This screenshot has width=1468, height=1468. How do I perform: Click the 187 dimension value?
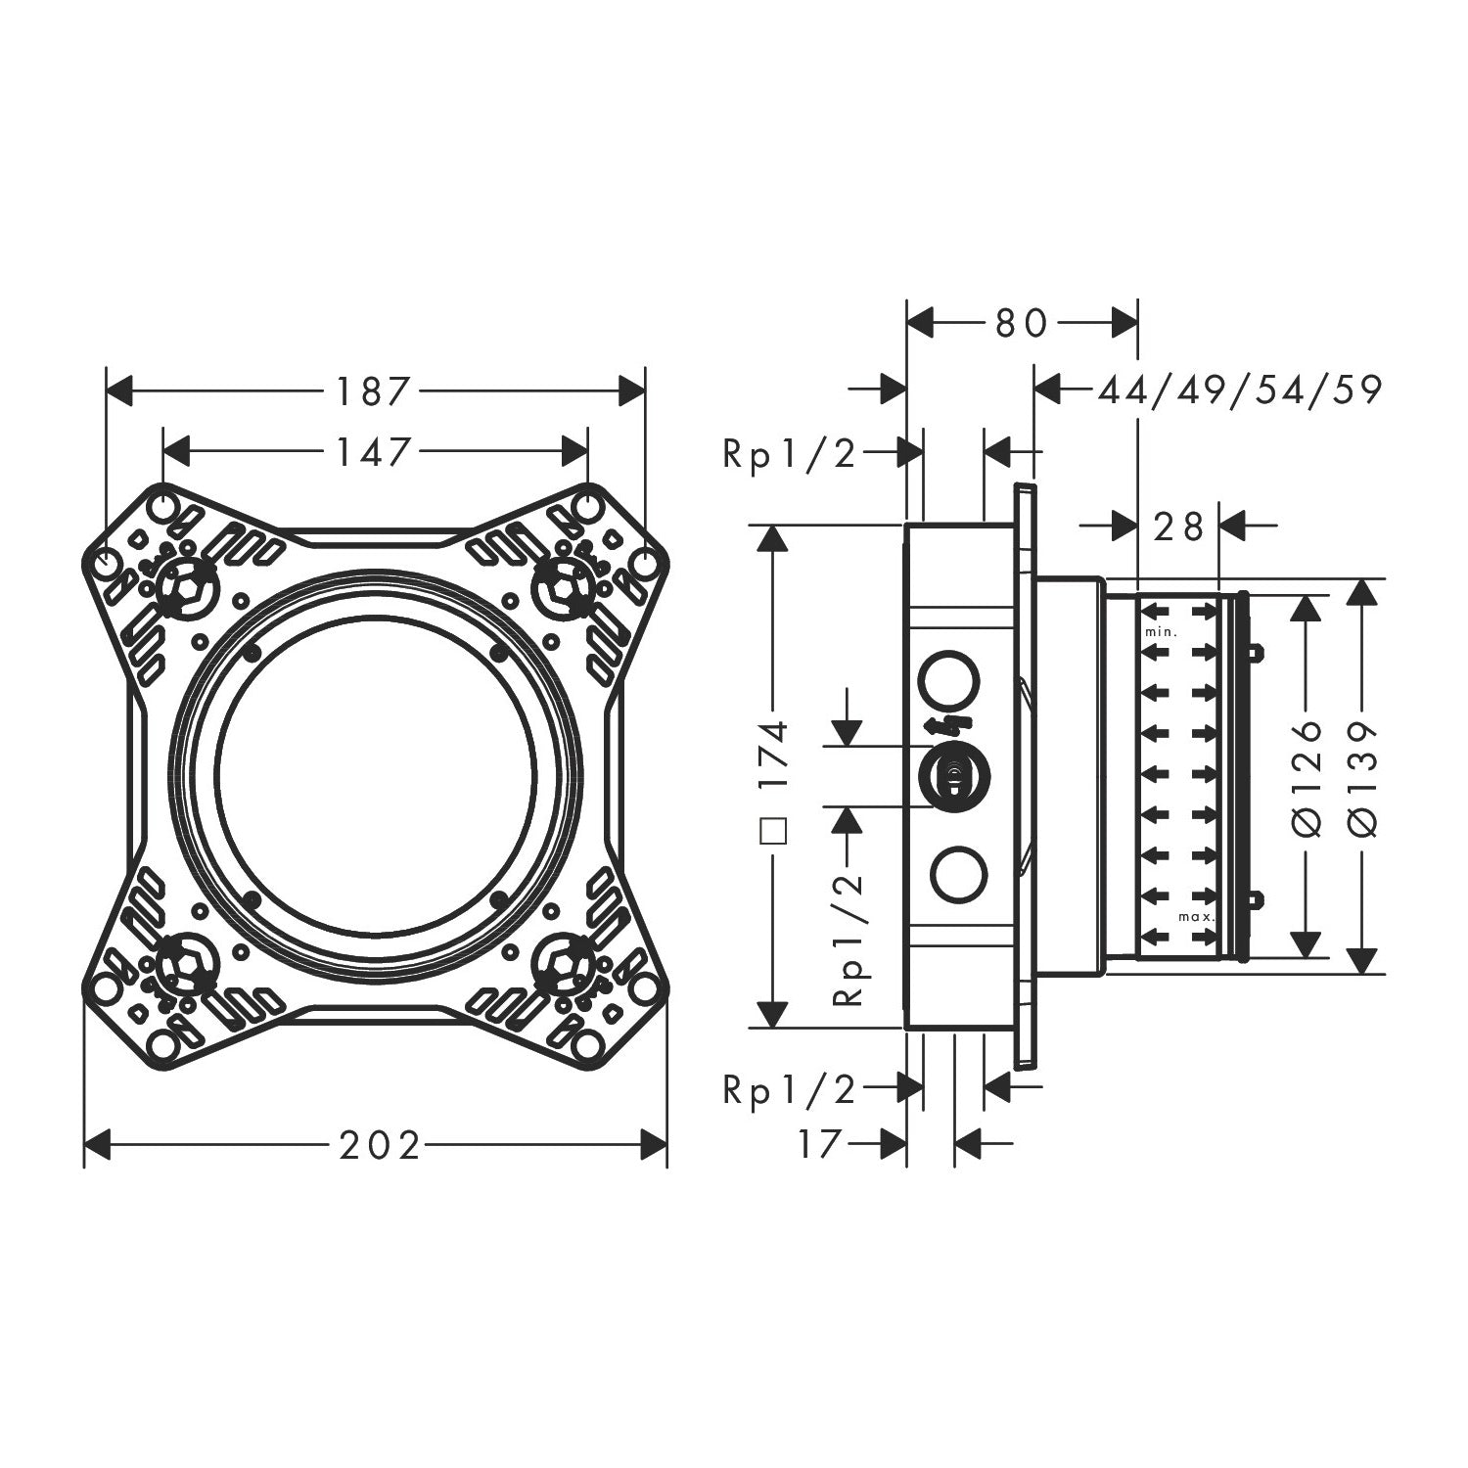[x=372, y=391]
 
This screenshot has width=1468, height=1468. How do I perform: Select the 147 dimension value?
[x=372, y=451]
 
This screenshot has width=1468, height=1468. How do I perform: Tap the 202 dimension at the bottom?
[x=380, y=1144]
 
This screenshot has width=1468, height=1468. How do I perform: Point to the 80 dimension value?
[x=1022, y=323]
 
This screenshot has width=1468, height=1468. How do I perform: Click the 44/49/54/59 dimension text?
[x=1240, y=390]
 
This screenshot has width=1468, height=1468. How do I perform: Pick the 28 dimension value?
[x=1178, y=527]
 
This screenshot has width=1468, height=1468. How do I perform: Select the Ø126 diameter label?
[x=1308, y=778]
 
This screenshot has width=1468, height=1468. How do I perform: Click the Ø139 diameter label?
[x=1362, y=778]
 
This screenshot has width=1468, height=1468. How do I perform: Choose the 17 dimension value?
[x=819, y=1143]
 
